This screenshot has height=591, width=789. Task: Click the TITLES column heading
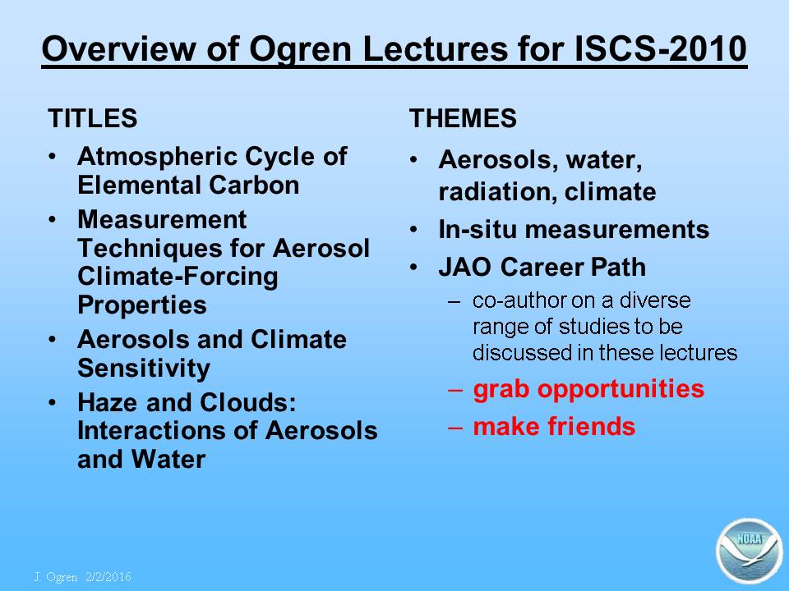(93, 118)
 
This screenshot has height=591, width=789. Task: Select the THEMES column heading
(463, 118)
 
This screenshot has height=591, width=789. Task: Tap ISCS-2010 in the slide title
(660, 48)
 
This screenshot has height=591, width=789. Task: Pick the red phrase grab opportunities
(588, 389)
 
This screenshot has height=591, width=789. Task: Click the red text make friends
(554, 426)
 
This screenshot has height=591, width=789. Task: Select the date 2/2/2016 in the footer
(108, 577)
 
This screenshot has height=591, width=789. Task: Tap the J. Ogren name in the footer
(55, 577)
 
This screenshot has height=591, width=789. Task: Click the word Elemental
(140, 185)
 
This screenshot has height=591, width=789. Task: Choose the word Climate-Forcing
(178, 277)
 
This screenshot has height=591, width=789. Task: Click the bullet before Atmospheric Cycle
(53, 156)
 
